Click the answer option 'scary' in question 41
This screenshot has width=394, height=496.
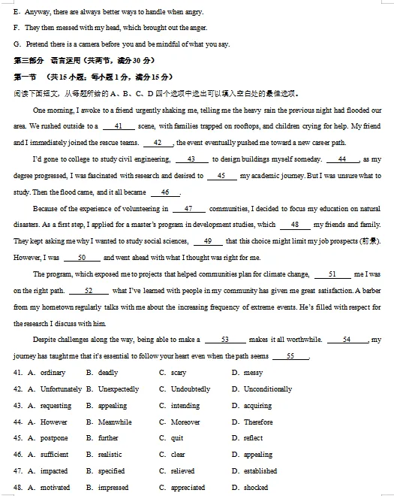coord(178,373)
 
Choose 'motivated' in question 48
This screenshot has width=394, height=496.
coord(55,488)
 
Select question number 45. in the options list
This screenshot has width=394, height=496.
coord(18,438)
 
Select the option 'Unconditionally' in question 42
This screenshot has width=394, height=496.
coord(268,389)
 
